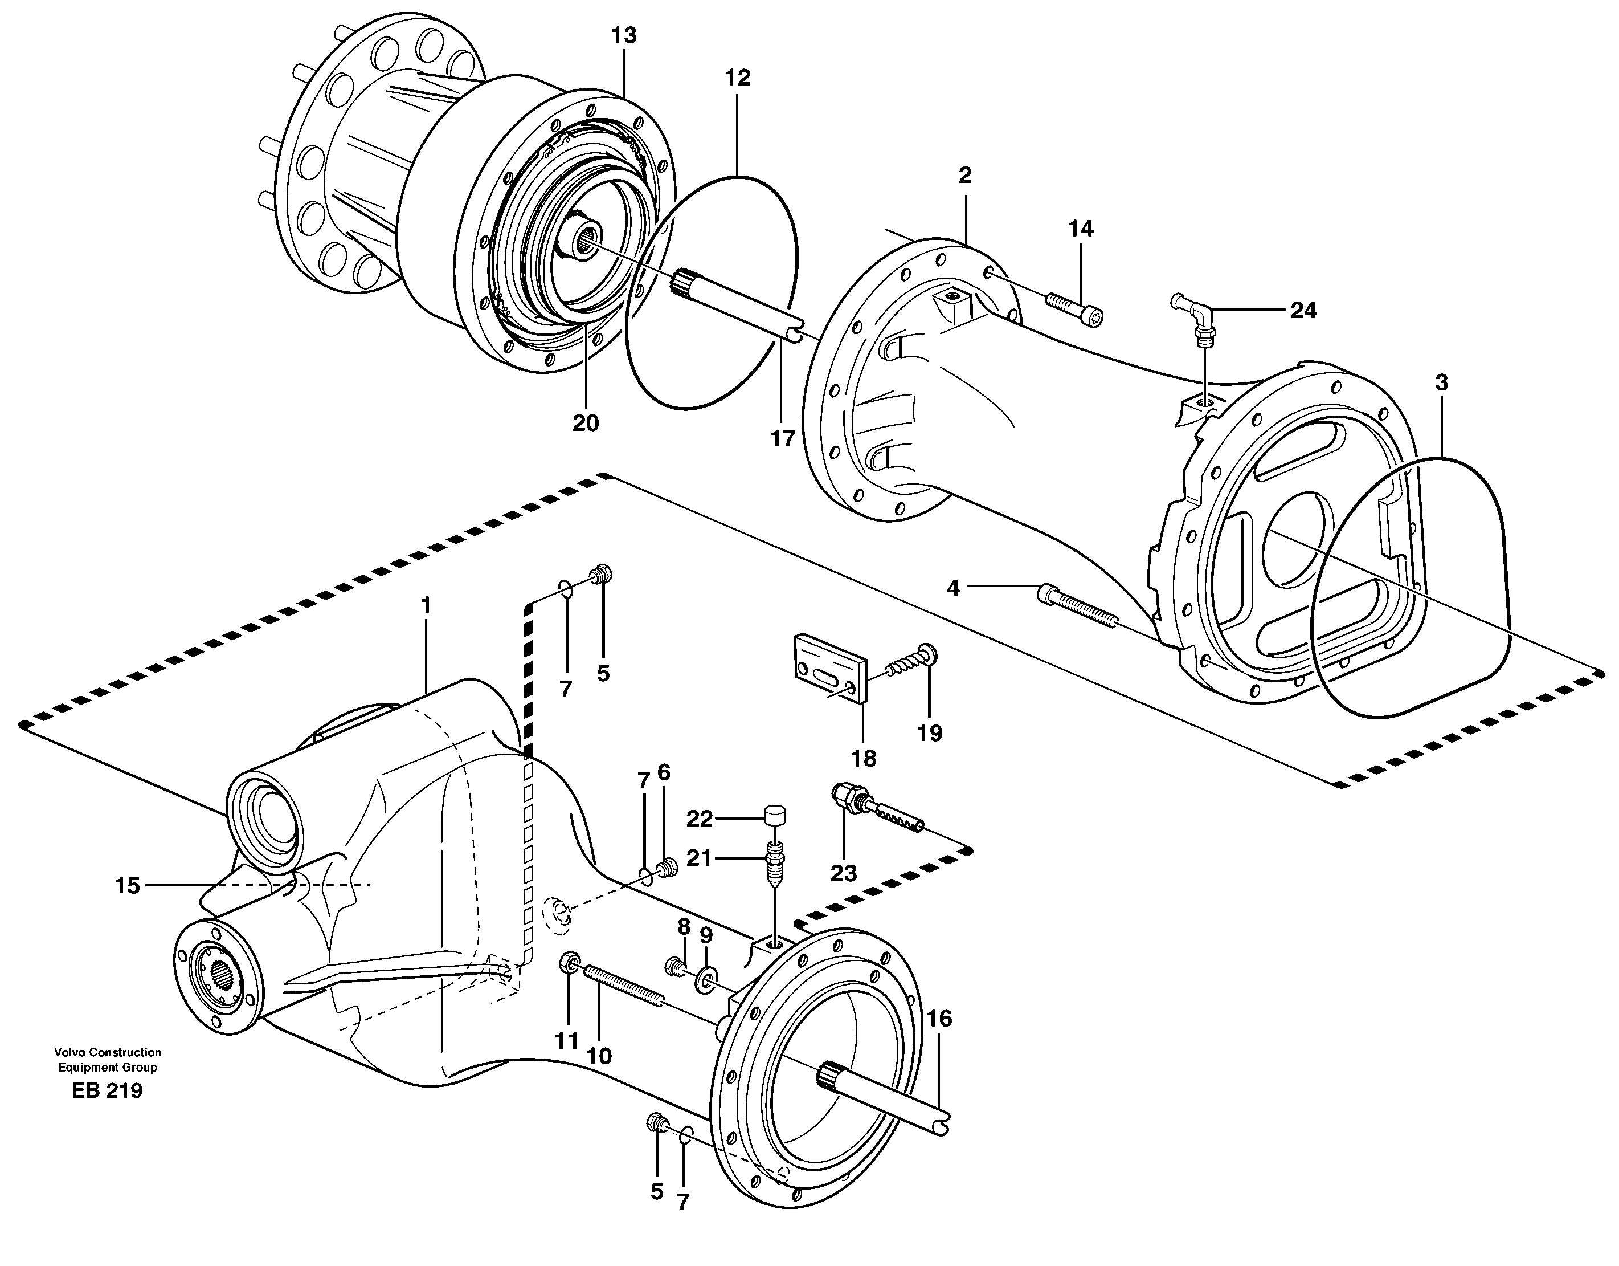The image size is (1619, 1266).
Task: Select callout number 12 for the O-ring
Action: point(738,78)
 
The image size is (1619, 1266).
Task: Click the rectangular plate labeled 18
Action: point(829,668)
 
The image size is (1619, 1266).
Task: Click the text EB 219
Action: point(108,1091)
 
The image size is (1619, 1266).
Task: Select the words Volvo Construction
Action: point(108,1052)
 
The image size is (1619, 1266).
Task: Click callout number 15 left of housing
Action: point(128,886)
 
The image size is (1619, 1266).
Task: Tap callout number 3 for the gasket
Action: point(1441,384)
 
